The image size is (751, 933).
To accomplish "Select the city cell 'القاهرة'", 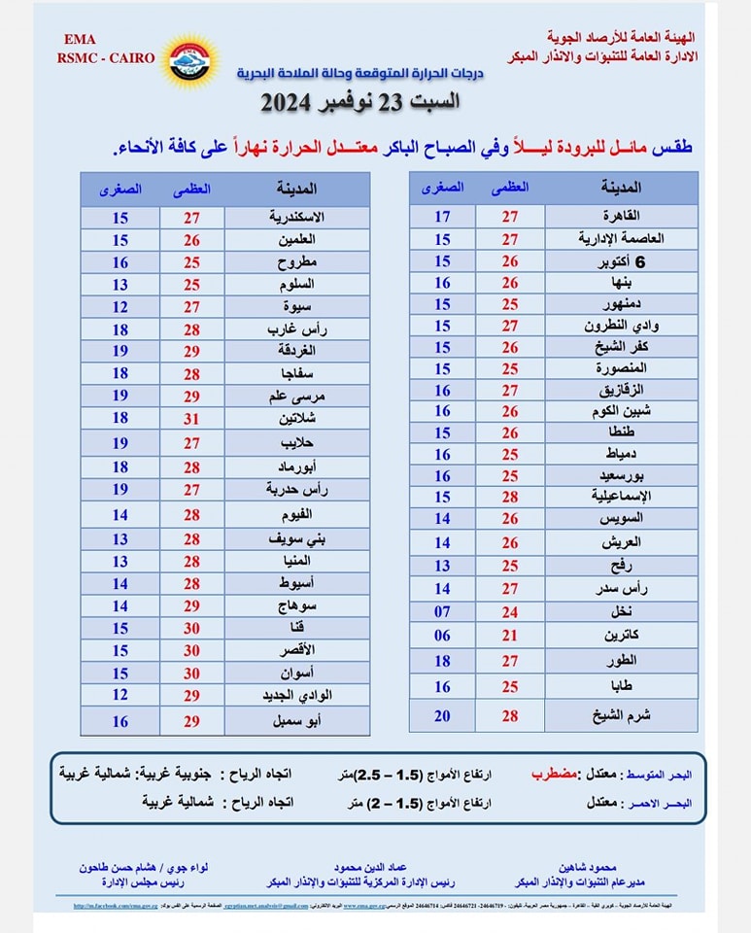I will point(622,217).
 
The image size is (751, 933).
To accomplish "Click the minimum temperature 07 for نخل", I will point(442,611).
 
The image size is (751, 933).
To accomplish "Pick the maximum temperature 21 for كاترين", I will point(510,635).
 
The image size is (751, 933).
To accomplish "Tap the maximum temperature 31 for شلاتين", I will point(191,417).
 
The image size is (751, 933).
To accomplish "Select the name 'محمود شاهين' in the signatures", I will point(617,866).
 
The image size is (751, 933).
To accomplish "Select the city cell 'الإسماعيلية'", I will point(622,497).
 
